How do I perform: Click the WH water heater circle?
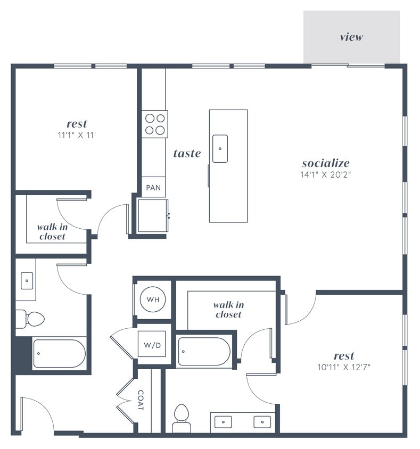tap(153, 300)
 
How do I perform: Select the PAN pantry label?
tap(153, 188)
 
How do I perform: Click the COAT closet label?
tap(141, 400)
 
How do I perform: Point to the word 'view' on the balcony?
tap(351, 37)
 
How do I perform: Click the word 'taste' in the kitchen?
tap(187, 154)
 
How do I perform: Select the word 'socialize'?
tap(326, 163)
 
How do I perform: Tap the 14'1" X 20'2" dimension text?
tap(326, 174)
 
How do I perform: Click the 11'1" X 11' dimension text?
tap(77, 135)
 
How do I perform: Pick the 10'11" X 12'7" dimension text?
tap(343, 367)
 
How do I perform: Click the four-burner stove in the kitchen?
tap(154, 124)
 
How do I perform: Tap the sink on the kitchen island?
tap(220, 148)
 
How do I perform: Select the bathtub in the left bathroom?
tap(59, 354)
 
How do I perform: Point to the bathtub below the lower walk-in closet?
tap(204, 352)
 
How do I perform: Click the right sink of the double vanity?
tap(262, 422)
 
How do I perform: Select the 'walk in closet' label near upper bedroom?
tap(52, 231)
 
